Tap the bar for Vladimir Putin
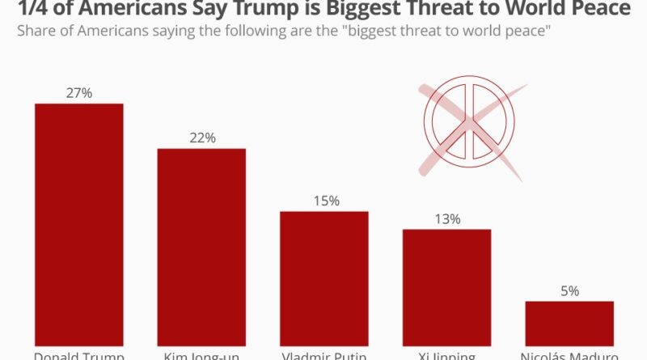point(324,278)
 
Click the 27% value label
point(78,93)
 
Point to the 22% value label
point(201,138)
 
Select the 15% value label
point(324,201)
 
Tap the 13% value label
point(446,218)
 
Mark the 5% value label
point(569,290)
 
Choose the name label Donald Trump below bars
point(78,355)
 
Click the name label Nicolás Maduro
point(569,355)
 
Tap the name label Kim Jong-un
point(201,355)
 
